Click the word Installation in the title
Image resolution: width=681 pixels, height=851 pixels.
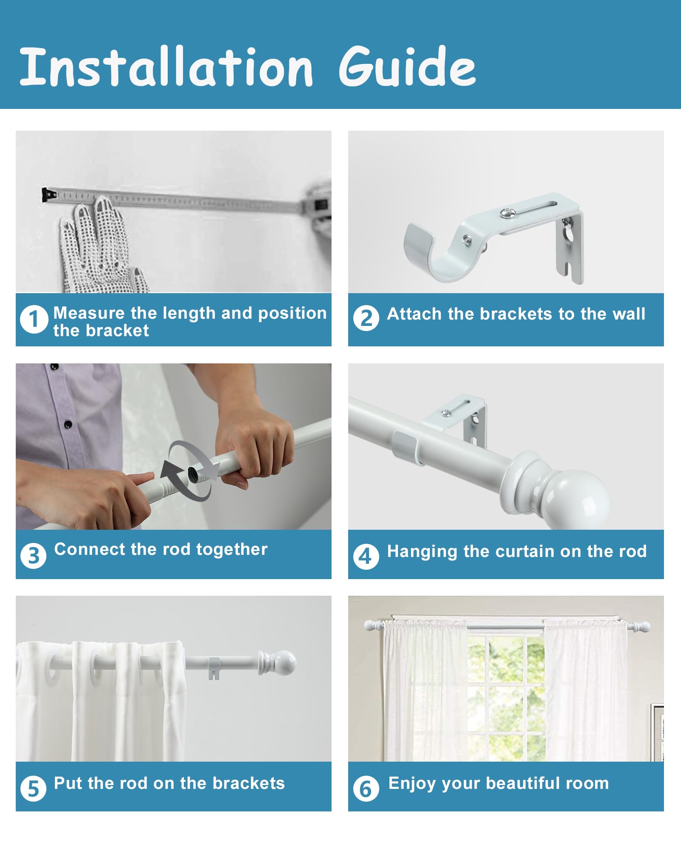click(166, 66)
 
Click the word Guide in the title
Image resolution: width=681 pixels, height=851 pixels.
click(407, 66)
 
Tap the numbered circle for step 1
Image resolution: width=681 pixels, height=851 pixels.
click(34, 319)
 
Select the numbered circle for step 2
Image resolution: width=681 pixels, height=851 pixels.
click(366, 318)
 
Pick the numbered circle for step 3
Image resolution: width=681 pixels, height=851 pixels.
click(33, 555)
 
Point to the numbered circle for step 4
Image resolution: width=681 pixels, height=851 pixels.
click(366, 556)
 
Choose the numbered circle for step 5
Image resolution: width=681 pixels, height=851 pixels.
click(33, 788)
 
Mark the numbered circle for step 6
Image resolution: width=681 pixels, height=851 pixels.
click(366, 788)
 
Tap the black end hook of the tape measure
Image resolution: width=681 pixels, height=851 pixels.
click(49, 195)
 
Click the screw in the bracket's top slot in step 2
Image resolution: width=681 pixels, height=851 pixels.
click(506, 214)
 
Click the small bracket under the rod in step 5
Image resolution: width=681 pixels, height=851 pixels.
click(214, 668)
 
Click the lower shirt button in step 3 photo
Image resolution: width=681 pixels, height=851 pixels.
click(68, 424)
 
